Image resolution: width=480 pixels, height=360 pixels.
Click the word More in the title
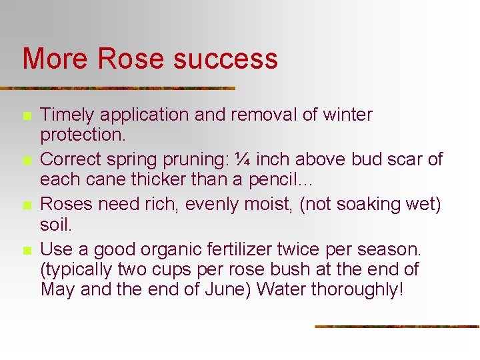56,59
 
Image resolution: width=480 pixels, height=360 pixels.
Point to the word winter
347,115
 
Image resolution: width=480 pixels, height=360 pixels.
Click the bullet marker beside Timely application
27,116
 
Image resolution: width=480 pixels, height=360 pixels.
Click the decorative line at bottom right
397,327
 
